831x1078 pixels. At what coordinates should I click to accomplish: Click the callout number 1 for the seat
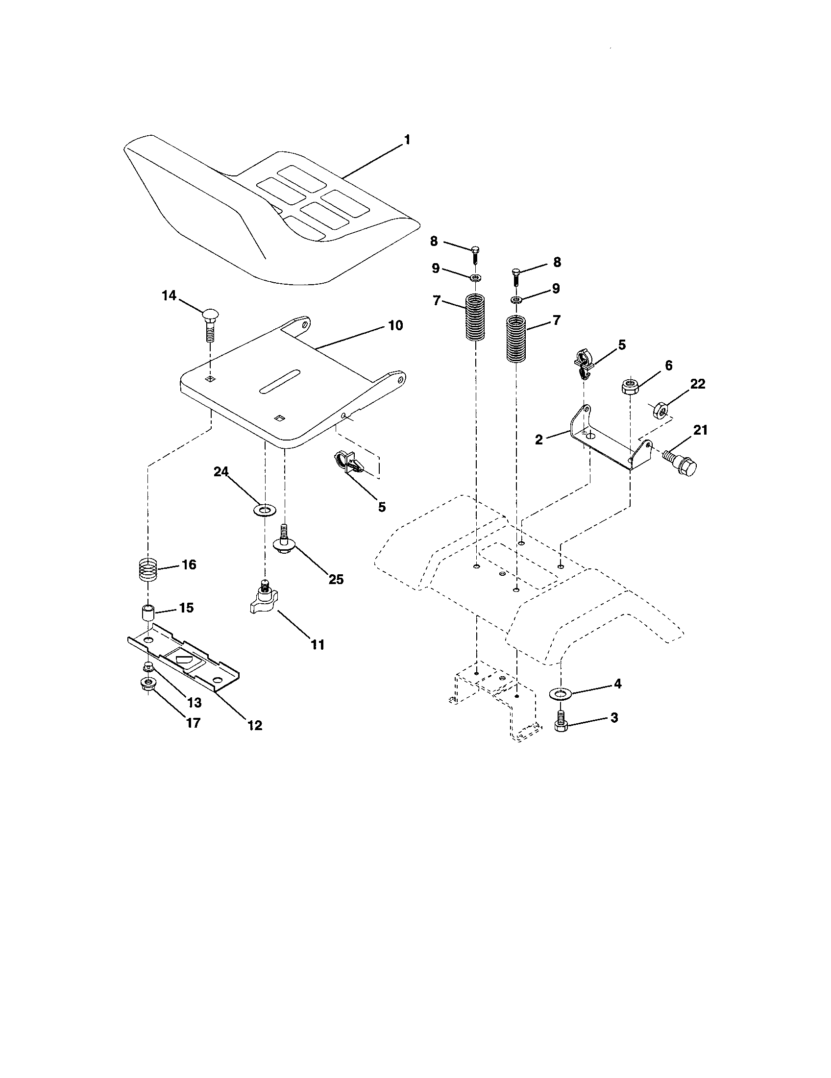(x=407, y=140)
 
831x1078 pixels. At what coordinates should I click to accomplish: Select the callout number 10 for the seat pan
(x=395, y=326)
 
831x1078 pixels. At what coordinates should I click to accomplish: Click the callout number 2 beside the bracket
(x=539, y=440)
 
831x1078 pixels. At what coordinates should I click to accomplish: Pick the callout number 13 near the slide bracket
(x=194, y=703)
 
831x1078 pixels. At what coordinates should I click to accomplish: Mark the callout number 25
(x=336, y=579)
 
